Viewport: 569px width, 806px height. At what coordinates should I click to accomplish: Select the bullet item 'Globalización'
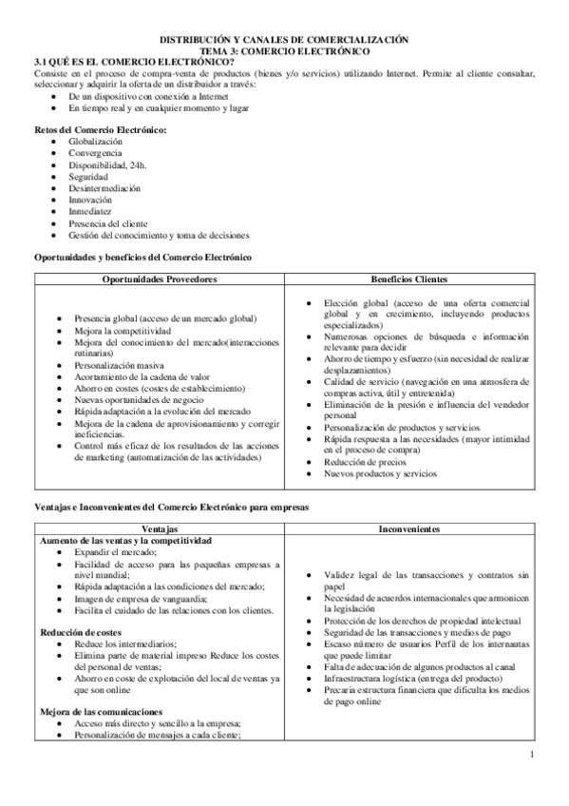click(x=96, y=141)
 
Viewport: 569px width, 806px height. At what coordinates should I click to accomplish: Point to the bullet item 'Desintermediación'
click(x=105, y=188)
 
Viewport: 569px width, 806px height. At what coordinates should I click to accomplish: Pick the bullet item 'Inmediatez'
click(x=91, y=211)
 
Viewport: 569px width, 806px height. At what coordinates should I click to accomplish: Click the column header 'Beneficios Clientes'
click(x=410, y=279)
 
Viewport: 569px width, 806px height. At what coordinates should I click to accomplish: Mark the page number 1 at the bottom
click(x=534, y=755)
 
